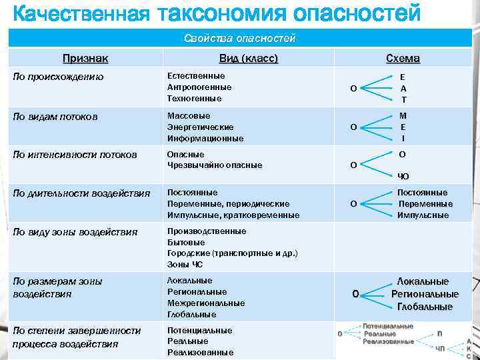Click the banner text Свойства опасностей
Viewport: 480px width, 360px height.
click(x=239, y=38)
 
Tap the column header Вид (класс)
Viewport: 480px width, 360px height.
click(x=248, y=59)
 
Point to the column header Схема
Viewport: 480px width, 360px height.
click(x=403, y=59)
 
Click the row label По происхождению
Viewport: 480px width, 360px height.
click(x=59, y=77)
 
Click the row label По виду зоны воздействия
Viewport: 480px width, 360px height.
click(x=75, y=232)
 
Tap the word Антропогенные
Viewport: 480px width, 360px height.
click(x=199, y=87)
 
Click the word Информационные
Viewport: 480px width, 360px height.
click(x=205, y=139)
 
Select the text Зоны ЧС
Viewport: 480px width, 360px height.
click(x=185, y=265)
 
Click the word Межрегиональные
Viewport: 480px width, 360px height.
click(x=206, y=303)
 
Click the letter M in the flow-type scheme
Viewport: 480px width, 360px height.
click(x=403, y=115)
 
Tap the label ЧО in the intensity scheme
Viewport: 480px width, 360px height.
click(x=403, y=177)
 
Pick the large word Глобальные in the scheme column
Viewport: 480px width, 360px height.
click(x=425, y=307)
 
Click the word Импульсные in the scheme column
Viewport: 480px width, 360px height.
click(x=423, y=215)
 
